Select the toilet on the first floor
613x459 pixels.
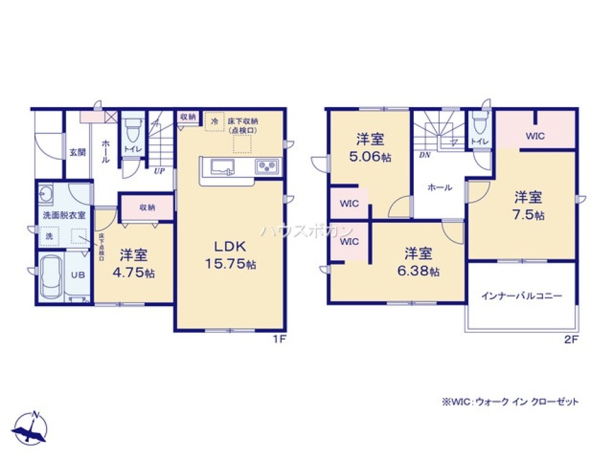132,130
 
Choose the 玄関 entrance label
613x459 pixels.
77,152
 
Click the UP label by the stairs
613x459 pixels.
159,171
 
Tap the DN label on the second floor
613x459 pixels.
424,155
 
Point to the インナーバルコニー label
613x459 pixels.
521,296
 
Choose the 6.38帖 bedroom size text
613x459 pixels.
421,271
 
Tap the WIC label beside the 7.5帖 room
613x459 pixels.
535,136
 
